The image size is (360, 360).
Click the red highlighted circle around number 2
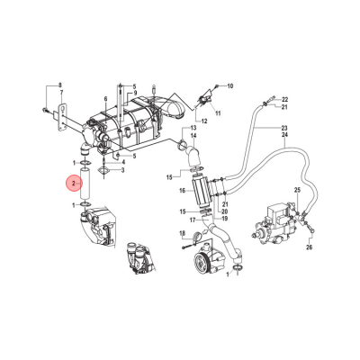[74, 184]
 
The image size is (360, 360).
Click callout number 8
[59, 85]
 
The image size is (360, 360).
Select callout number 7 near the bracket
[61, 92]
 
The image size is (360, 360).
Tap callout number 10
[229, 86]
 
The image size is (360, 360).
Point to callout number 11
[218, 113]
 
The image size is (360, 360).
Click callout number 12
[204, 121]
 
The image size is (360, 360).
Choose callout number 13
[193, 128]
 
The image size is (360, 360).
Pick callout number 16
[183, 191]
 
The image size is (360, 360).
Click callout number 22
[284, 99]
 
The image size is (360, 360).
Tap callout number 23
[284, 127]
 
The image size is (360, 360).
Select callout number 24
[284, 135]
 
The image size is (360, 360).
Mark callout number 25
[297, 190]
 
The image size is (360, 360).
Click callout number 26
[310, 247]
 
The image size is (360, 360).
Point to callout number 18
[183, 233]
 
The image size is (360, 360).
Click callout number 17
[193, 220]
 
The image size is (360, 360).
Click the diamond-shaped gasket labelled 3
[103, 172]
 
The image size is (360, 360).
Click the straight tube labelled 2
[85, 184]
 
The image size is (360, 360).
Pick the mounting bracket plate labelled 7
[62, 118]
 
